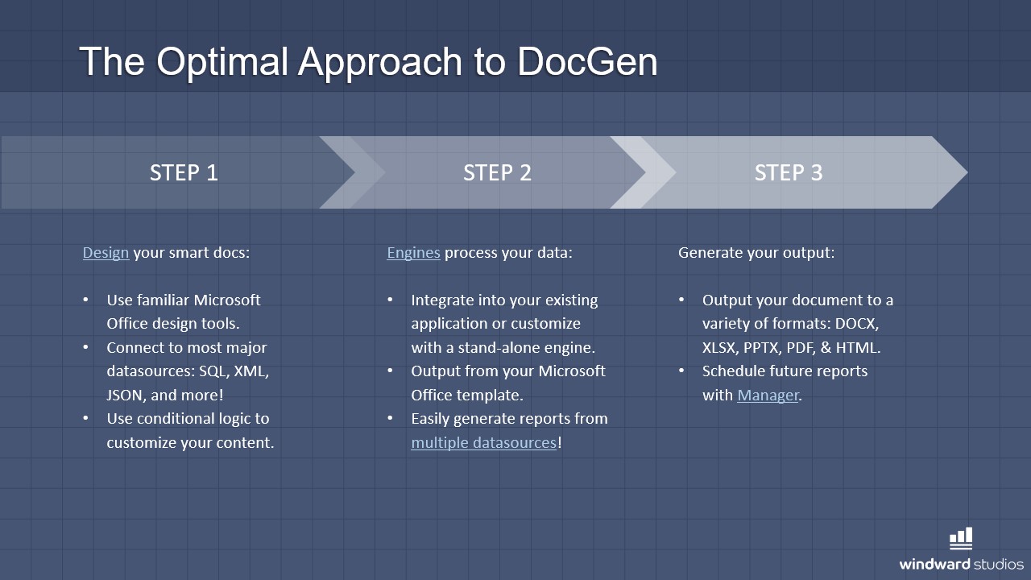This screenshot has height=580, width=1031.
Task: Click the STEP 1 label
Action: pyautogui.click(x=184, y=172)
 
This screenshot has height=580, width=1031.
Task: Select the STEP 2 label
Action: pyautogui.click(x=497, y=172)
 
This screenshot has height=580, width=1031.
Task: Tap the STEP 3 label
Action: pyautogui.click(x=789, y=172)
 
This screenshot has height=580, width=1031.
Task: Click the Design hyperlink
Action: pyautogui.click(x=106, y=253)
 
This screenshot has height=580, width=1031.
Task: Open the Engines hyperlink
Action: pyautogui.click(x=413, y=253)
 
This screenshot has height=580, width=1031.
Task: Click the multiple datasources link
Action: pyautogui.click(x=483, y=442)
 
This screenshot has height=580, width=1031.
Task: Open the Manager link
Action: pyautogui.click(x=768, y=395)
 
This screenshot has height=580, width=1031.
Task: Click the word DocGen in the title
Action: pyautogui.click(x=587, y=61)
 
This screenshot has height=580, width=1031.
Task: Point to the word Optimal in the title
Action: pyautogui.click(x=222, y=61)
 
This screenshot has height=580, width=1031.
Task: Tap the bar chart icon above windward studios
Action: pyautogui.click(x=961, y=538)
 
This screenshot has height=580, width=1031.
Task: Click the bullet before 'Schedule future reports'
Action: pyautogui.click(x=681, y=371)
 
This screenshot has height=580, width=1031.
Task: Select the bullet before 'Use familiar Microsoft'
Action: pyautogui.click(x=86, y=300)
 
